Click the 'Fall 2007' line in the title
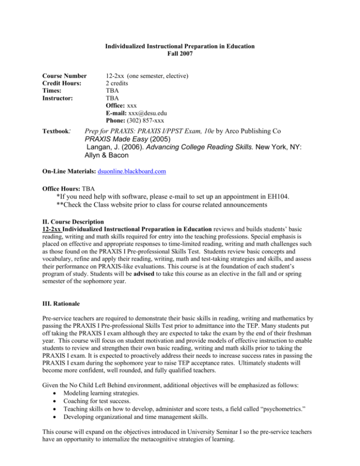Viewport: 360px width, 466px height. [x=180, y=54]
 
